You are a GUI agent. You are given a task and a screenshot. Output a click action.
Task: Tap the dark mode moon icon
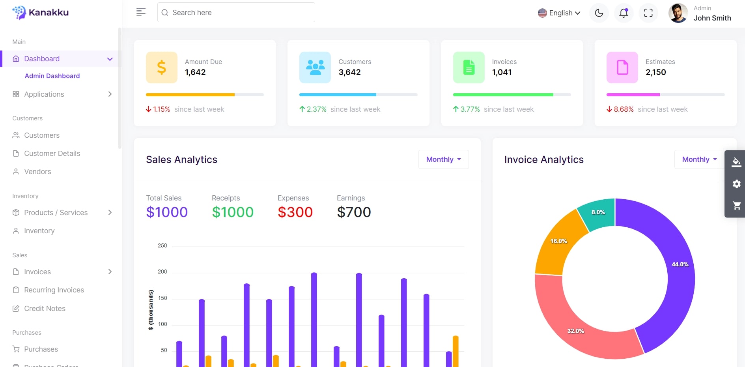pyautogui.click(x=599, y=13)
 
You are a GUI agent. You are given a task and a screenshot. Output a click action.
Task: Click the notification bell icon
pyautogui.click(x=624, y=13)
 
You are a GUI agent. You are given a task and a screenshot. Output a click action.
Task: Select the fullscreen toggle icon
pyautogui.click(x=648, y=13)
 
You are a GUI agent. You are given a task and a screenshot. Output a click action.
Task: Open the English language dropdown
pyautogui.click(x=559, y=13)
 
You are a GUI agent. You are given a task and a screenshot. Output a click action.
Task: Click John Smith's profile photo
pyautogui.click(x=678, y=13)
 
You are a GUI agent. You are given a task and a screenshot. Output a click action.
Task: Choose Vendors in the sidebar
pyautogui.click(x=37, y=172)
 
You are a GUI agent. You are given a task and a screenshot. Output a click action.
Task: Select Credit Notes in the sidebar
pyautogui.click(x=45, y=309)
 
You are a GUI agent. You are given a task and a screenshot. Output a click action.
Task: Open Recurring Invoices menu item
pyautogui.click(x=54, y=290)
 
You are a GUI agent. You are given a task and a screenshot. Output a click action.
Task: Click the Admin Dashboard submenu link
pyautogui.click(x=52, y=76)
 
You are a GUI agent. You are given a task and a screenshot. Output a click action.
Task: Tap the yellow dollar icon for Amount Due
pyautogui.click(x=161, y=67)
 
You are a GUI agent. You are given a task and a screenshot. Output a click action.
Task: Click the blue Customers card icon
pyautogui.click(x=315, y=67)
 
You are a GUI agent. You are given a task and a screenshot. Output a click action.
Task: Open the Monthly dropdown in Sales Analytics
pyautogui.click(x=443, y=159)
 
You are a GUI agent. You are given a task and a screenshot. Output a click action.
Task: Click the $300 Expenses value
pyautogui.click(x=295, y=212)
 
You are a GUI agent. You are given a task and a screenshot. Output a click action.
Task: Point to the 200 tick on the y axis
pyautogui.click(x=162, y=272)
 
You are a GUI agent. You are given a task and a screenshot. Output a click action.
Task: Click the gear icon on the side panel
pyautogui.click(x=736, y=184)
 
